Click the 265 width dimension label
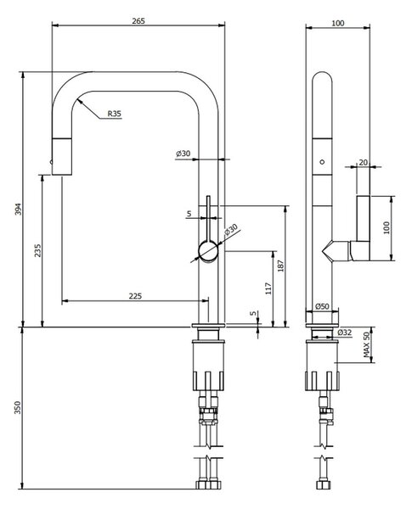point(138,21)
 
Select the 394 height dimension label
point(18,209)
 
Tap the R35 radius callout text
point(115,114)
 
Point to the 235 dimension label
point(37,250)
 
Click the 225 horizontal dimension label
point(135,296)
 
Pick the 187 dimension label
point(281,266)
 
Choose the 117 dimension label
point(268,288)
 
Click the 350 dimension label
point(18,408)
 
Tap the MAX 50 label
point(367,344)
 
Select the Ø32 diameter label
point(345,333)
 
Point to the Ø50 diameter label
point(322,306)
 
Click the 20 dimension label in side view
point(363,162)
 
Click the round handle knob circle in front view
point(208,251)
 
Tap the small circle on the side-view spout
point(322,162)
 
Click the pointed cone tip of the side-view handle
point(323,251)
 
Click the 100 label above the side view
point(338,23)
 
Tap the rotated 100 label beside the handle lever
point(386,228)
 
